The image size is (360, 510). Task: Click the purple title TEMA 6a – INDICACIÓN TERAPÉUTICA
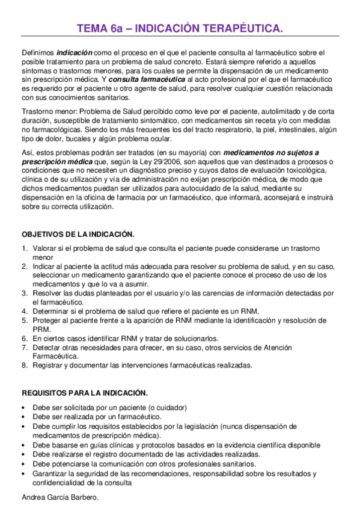[180, 28]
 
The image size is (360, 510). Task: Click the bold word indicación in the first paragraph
[75, 53]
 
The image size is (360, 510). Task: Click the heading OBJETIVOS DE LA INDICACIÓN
[78, 234]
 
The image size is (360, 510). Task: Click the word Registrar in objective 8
[49, 365]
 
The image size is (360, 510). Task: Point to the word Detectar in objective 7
[48, 347]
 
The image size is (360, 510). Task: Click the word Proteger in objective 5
[48, 320]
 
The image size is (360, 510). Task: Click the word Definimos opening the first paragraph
[37, 53]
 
